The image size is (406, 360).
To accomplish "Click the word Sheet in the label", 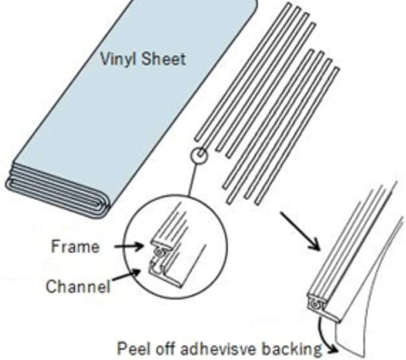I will pos(164,59).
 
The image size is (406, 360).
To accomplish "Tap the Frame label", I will pos(75,246).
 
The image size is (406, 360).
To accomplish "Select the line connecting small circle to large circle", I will pos(193,179).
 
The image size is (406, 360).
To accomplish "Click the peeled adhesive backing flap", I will pos(365,299).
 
